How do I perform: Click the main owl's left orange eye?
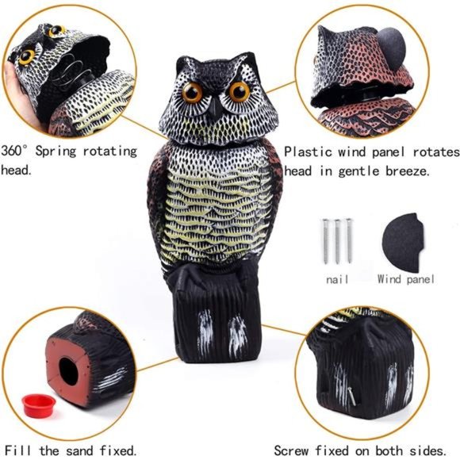pos(193,92)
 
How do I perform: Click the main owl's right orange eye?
pos(239,92)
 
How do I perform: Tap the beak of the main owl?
pos(216,109)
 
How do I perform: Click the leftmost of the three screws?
pos(327,240)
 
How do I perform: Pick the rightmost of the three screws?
pos(348,240)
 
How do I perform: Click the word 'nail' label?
pos(337,279)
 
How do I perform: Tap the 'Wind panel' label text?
pos(406,279)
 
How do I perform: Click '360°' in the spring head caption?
pos(17,150)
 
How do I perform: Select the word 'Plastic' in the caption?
pos(309,151)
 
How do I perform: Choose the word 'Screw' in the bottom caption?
pos(292,450)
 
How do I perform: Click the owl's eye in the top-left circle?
pos(27,56)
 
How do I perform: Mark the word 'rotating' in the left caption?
pos(112,150)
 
